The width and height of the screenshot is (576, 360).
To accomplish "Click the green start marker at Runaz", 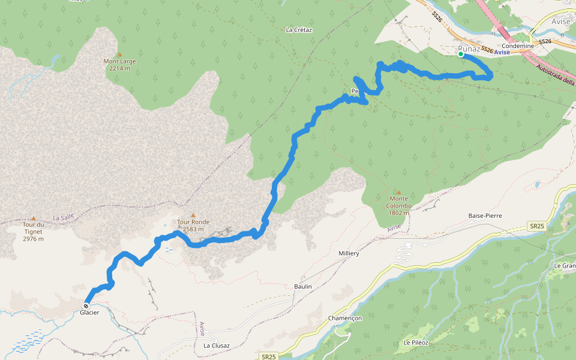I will click(x=461, y=55).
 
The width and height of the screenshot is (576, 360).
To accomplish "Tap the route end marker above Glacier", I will click(x=86, y=305).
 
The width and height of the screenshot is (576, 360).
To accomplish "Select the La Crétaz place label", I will click(x=299, y=29).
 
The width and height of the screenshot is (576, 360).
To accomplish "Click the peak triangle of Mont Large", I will click(x=119, y=55).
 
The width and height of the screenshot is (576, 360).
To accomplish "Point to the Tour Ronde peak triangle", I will click(x=193, y=215).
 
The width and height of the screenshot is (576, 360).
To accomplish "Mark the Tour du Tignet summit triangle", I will click(x=33, y=218).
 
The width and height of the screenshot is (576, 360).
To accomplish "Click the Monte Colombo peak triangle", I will click(x=398, y=192).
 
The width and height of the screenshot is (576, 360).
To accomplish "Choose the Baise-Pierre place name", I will click(x=485, y=215).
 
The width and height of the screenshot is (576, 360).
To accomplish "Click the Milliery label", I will click(x=348, y=254).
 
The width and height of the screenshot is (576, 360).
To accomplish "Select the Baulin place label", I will click(x=303, y=287).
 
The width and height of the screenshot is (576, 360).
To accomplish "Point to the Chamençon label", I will click(x=345, y=318).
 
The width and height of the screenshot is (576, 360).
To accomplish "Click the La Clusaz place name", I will click(x=217, y=346).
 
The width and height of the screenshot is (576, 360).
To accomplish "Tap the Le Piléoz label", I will click(x=415, y=343).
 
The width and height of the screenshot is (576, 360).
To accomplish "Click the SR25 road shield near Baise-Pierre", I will click(x=537, y=226).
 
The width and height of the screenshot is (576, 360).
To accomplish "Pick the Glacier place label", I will click(x=89, y=313).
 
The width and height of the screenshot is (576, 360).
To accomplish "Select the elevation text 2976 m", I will click(x=33, y=239).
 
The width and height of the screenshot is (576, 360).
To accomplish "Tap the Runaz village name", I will click(x=468, y=49).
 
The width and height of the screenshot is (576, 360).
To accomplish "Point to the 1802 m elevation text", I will click(x=398, y=212).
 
